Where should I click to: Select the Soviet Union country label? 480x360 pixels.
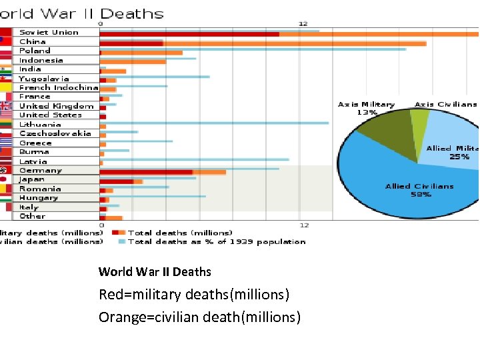click(x=49, y=32)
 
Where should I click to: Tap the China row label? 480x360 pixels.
click(x=33, y=41)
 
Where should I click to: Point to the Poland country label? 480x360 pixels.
click(x=35, y=51)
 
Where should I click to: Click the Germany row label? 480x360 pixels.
click(x=41, y=170)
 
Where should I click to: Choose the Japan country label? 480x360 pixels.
click(x=32, y=179)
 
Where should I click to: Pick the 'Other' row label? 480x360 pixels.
click(x=32, y=216)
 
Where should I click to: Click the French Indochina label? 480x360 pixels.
click(x=59, y=87)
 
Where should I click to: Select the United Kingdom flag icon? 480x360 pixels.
click(x=6, y=106)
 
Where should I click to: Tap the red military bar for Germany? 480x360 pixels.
click(x=146, y=172)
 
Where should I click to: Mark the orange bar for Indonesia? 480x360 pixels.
click(x=133, y=61)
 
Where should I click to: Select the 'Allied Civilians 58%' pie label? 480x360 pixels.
click(x=419, y=190)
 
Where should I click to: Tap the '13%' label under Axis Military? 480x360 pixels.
click(x=367, y=113)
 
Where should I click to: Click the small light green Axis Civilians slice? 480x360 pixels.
click(x=419, y=119)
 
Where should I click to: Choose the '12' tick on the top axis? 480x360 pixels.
click(x=303, y=23)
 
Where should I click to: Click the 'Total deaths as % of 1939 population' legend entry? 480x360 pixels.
click(x=217, y=241)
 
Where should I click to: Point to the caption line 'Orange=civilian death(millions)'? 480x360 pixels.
click(x=199, y=317)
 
